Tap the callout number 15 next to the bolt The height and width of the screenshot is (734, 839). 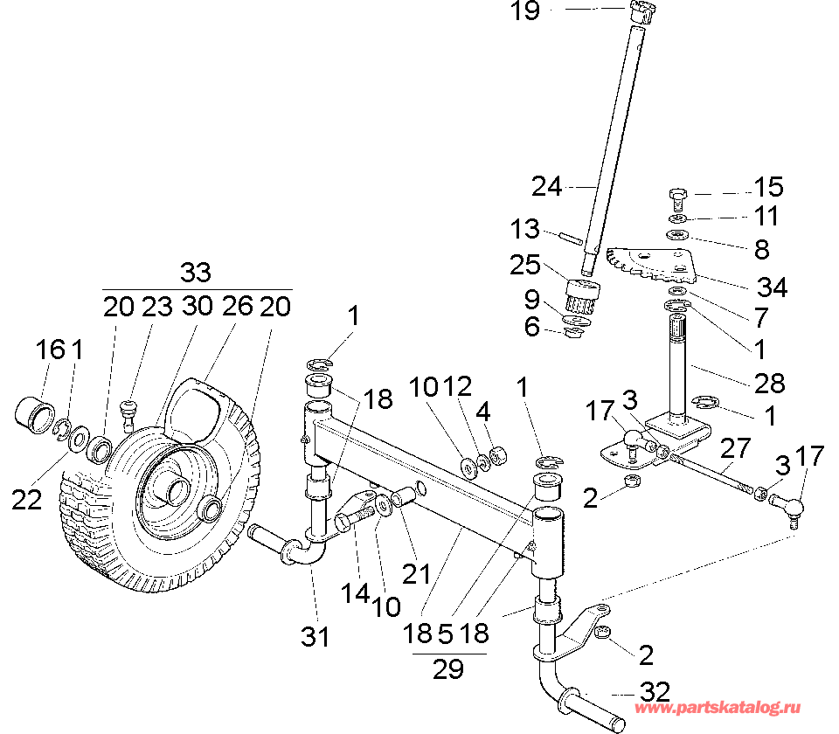pyautogui.click(x=769, y=188)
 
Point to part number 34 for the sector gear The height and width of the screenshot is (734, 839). pyautogui.click(x=773, y=287)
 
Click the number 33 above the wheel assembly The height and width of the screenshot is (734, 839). pyautogui.click(x=196, y=273)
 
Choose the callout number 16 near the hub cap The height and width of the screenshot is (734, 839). pyautogui.click(x=51, y=351)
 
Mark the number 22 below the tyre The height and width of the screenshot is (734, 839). pyautogui.click(x=28, y=500)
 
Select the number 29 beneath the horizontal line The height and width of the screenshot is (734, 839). pyautogui.click(x=447, y=670)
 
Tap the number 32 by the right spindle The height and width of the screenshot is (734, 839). pyautogui.click(x=655, y=693)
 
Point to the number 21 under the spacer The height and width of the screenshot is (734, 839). pyautogui.click(x=417, y=575)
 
